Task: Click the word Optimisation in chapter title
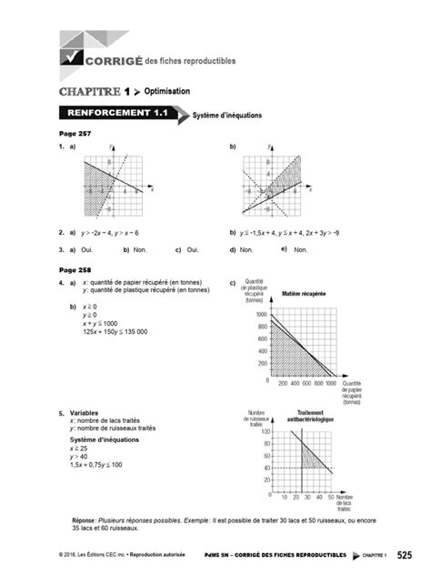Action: click(x=168, y=91)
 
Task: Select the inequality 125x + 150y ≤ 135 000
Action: click(x=115, y=331)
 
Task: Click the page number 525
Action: click(x=405, y=554)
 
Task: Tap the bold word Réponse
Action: click(x=86, y=520)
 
